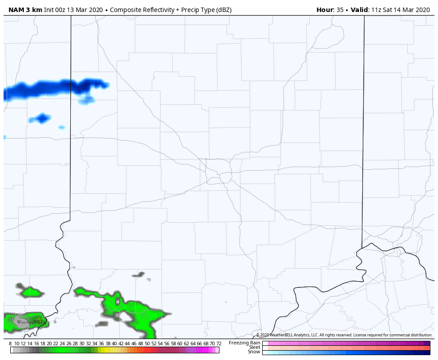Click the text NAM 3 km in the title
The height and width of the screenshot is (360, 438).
(x=25, y=10)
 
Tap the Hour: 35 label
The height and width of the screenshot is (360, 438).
(x=329, y=10)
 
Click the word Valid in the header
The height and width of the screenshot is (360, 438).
(x=360, y=10)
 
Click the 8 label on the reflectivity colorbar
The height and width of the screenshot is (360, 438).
(x=10, y=344)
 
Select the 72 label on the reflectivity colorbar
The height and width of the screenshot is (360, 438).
(x=219, y=344)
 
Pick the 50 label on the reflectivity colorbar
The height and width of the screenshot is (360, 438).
(x=147, y=344)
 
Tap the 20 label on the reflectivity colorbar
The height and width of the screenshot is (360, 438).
(x=49, y=344)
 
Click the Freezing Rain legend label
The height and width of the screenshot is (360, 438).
(x=244, y=343)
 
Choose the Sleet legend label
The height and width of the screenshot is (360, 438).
(x=255, y=347)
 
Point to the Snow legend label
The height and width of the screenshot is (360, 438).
(x=254, y=352)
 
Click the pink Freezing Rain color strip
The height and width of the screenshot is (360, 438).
(x=346, y=343)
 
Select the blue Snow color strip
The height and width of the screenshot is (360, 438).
(x=346, y=352)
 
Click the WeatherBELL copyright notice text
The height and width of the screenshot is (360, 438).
(x=344, y=335)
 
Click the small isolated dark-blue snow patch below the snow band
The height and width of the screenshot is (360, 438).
(x=42, y=119)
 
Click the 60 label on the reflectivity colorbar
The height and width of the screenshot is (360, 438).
(x=179, y=344)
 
